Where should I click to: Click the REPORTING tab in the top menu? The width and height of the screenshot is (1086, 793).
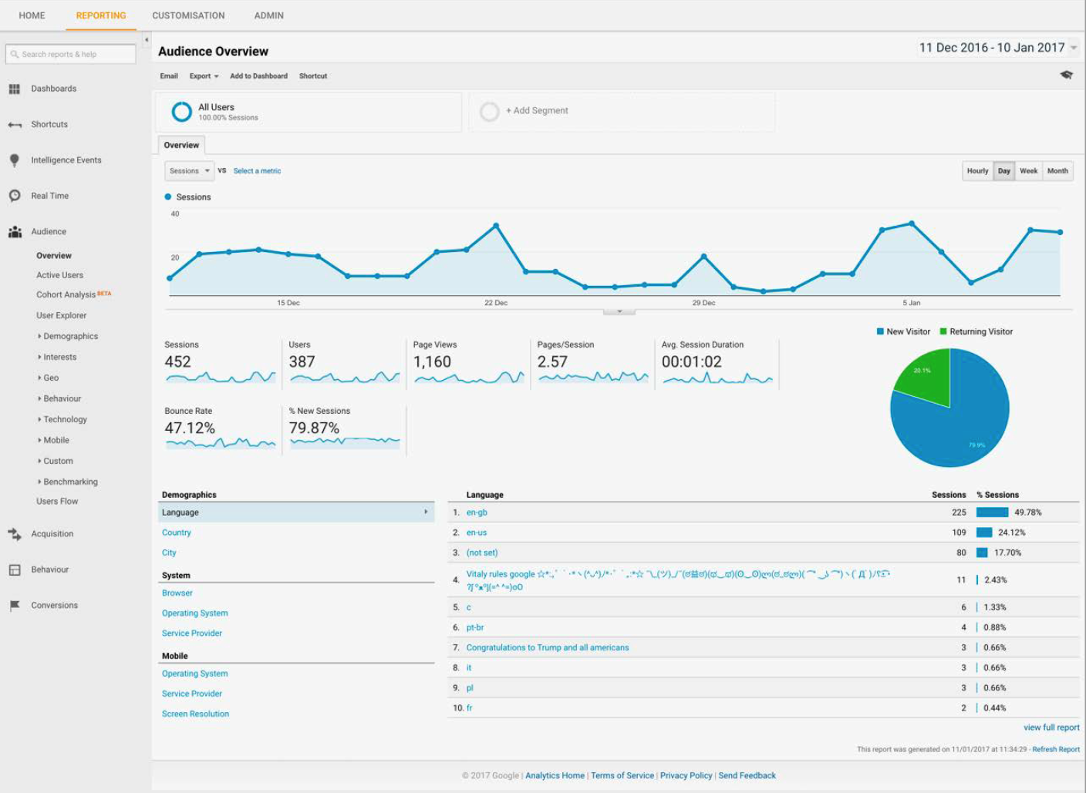pyautogui.click(x=101, y=15)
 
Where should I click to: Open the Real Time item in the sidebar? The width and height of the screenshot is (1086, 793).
pyautogui.click(x=49, y=196)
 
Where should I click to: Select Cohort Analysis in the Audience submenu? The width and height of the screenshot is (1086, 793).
pyautogui.click(x=66, y=294)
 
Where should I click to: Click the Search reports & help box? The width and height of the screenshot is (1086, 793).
pyautogui.click(x=70, y=54)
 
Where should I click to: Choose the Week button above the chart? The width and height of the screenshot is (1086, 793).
pyautogui.click(x=1028, y=171)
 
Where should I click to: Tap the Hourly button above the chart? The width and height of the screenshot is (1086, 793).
pyautogui.click(x=977, y=171)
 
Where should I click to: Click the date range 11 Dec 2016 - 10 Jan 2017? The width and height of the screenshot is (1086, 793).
pyautogui.click(x=992, y=48)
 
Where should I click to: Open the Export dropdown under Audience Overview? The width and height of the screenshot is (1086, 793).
pyautogui.click(x=204, y=76)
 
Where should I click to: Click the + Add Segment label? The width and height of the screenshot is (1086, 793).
pyautogui.click(x=537, y=111)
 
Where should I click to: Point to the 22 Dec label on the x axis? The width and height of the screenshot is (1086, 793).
pyautogui.click(x=496, y=303)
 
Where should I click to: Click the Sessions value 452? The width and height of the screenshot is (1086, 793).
pyautogui.click(x=178, y=361)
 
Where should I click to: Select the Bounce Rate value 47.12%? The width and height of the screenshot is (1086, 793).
pyautogui.click(x=190, y=428)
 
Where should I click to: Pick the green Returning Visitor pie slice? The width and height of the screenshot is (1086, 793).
pyautogui.click(x=924, y=376)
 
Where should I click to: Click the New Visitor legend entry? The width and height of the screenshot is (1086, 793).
pyautogui.click(x=908, y=331)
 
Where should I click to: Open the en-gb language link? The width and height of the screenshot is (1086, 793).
pyautogui.click(x=477, y=512)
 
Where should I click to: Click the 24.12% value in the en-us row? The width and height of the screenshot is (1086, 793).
pyautogui.click(x=1011, y=533)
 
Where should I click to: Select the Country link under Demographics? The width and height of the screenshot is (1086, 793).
pyautogui.click(x=177, y=533)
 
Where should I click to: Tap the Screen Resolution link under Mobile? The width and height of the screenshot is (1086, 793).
pyautogui.click(x=195, y=714)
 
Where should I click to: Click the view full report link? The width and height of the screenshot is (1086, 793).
pyautogui.click(x=1051, y=727)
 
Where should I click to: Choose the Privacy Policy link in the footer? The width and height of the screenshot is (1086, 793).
pyautogui.click(x=686, y=775)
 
